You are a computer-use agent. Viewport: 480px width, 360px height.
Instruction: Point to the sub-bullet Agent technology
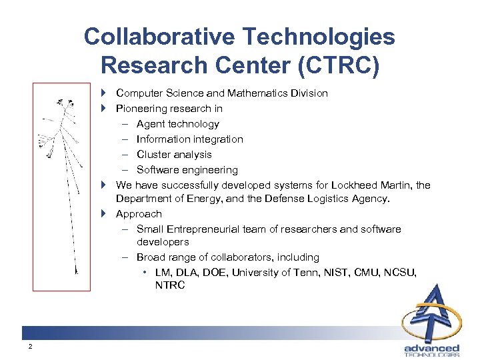177,124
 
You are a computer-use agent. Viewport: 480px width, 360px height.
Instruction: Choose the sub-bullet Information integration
189,139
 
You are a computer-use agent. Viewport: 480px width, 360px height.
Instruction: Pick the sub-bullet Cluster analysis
174,155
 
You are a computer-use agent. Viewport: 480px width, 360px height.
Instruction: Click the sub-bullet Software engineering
187,170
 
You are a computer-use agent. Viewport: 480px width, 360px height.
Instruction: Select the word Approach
139,214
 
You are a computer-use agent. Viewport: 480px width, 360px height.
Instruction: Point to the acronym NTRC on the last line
169,285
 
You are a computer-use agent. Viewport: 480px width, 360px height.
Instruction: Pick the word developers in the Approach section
163,242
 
